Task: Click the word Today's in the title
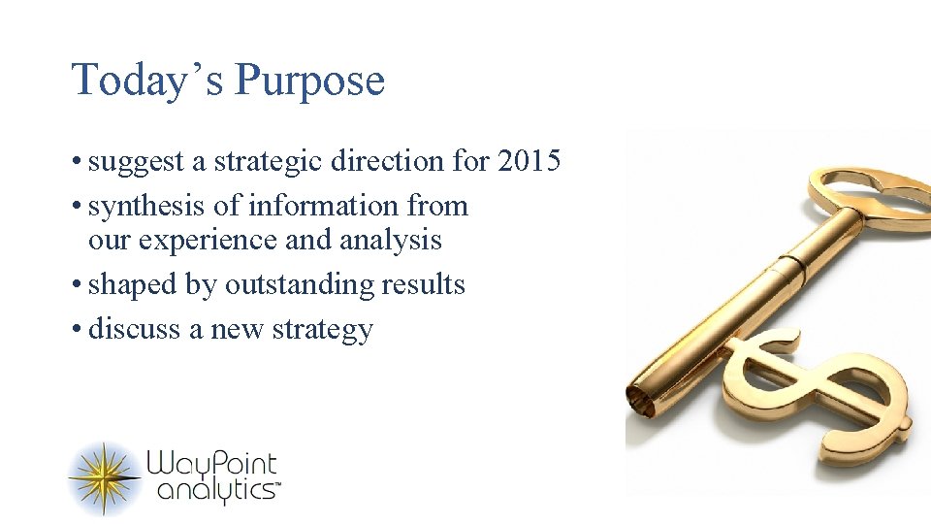coord(147,81)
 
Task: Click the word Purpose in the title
coord(309,82)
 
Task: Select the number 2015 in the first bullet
coord(529,161)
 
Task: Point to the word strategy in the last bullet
coord(322,330)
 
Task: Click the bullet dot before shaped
coord(77,285)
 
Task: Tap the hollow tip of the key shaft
coord(641,398)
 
